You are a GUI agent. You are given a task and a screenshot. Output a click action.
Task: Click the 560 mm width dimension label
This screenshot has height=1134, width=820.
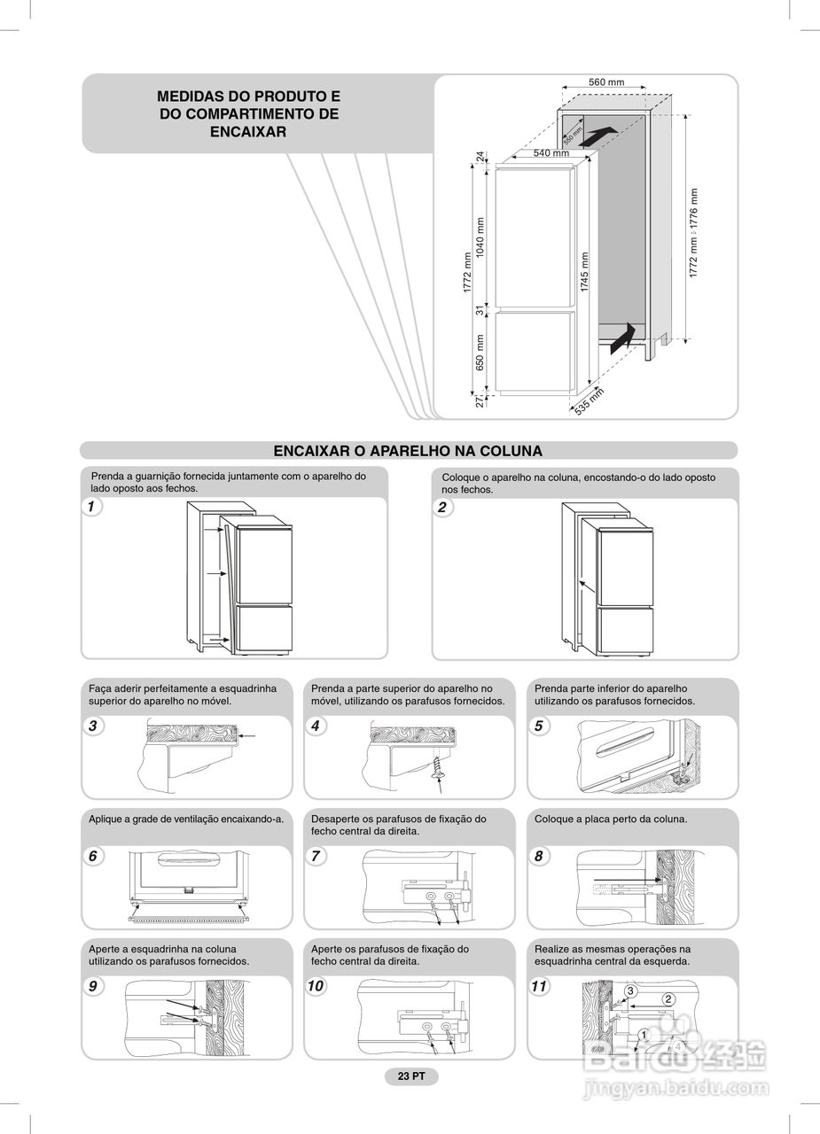tap(606, 82)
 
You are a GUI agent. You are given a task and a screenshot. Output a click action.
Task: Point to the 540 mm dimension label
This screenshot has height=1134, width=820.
tap(551, 153)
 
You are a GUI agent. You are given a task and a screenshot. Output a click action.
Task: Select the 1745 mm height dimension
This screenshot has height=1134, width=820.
tap(585, 272)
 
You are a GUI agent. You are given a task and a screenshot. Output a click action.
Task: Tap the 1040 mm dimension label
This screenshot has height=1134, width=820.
tap(480, 237)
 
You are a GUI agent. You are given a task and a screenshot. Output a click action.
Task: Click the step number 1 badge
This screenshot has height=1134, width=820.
tap(90, 507)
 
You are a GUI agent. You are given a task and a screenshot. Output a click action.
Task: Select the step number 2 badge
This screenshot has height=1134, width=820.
tap(441, 507)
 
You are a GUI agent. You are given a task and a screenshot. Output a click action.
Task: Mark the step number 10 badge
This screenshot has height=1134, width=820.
tap(316, 986)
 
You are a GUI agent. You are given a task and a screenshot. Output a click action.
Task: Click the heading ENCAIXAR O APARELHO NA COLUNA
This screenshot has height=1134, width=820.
tap(408, 451)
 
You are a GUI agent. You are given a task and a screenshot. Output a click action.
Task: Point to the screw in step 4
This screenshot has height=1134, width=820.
tap(437, 767)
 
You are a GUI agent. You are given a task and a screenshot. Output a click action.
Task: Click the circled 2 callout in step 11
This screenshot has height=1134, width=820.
tap(668, 999)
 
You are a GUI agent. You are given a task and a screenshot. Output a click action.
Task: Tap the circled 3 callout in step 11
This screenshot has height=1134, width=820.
tap(630, 990)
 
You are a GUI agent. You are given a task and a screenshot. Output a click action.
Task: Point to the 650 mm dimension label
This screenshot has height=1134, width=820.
tap(480, 352)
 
